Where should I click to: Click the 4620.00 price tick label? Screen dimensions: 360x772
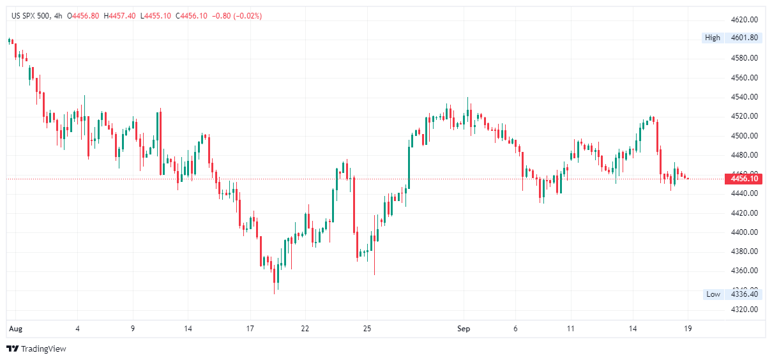745,20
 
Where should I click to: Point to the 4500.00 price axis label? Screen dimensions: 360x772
745,135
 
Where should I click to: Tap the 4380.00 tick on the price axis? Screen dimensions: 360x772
745,251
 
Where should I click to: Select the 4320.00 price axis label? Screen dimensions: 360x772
745,310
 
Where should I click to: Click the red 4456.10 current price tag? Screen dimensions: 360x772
745,179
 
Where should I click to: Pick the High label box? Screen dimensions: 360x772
712,38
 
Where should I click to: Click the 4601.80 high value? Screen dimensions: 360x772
745,38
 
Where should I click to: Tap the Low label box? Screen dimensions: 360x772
713,294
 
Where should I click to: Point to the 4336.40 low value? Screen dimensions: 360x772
745,294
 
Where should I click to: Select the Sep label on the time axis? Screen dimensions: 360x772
464,329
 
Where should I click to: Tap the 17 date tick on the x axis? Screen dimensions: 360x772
250,329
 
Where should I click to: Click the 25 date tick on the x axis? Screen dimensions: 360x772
367,329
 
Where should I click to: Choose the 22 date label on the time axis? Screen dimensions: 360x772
305,329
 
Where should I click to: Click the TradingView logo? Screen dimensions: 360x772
36,349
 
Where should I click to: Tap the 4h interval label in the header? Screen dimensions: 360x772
59,16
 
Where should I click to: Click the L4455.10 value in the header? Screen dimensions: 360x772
156,16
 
